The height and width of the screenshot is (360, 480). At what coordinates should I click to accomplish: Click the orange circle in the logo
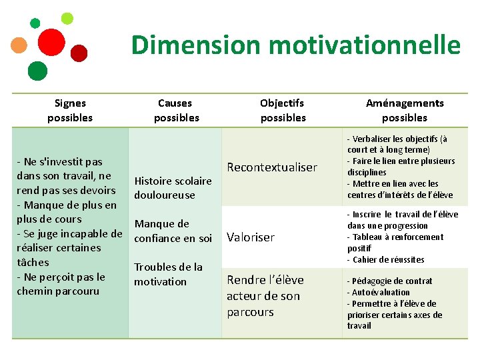click(19, 45)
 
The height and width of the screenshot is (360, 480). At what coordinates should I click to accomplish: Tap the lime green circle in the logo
click(67, 18)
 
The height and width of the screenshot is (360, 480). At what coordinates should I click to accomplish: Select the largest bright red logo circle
click(51, 42)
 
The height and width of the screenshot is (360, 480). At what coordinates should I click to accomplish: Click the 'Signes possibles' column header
click(70, 110)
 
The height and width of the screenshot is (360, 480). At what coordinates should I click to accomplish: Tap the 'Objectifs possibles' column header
click(283, 110)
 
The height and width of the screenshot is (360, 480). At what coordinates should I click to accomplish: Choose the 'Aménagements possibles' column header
click(405, 110)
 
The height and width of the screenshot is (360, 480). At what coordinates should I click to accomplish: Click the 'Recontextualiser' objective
click(272, 167)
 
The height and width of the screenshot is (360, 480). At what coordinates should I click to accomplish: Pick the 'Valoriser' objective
click(251, 237)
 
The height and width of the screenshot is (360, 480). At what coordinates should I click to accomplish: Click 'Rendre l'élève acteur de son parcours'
click(265, 296)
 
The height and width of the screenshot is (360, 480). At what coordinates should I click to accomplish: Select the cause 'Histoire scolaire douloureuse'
click(173, 188)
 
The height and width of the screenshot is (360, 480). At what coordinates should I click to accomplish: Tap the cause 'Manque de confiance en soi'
click(173, 231)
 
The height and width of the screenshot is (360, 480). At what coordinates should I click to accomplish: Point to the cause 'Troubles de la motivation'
click(168, 274)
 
